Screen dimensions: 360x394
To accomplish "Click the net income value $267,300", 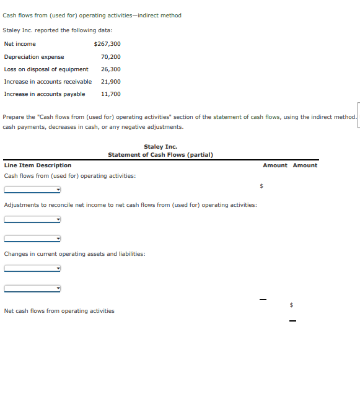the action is (107, 44).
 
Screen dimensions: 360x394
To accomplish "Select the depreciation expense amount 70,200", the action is (110, 56).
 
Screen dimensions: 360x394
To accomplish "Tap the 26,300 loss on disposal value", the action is (110, 69).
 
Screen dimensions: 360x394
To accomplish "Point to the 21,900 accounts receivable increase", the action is (110, 81).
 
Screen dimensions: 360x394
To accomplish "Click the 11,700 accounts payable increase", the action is (110, 94).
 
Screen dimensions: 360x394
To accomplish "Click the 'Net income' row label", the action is (20, 44).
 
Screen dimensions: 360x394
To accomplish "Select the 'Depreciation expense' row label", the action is (34, 56).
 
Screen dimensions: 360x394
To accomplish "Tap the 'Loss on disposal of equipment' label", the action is (46, 69).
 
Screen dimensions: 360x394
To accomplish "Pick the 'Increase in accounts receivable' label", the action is (48, 81).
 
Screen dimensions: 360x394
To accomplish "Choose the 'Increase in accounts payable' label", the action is (45, 94).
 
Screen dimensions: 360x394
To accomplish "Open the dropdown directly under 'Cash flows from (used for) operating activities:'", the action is (32, 190).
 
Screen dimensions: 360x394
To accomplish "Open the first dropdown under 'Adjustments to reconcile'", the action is (32, 219).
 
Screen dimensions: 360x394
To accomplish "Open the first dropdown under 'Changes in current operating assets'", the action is (32, 268).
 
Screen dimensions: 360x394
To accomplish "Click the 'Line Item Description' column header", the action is (38, 165).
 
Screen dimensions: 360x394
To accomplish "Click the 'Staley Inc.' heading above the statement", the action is (160, 147).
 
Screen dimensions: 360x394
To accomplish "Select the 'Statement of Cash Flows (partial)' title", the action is (160, 154).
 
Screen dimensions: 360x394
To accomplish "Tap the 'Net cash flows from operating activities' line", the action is (59, 310).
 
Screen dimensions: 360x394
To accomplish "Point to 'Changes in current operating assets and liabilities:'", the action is (74, 254).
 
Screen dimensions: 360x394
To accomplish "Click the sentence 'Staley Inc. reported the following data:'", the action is (58, 30).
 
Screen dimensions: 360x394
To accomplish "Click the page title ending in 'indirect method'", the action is (92, 15).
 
